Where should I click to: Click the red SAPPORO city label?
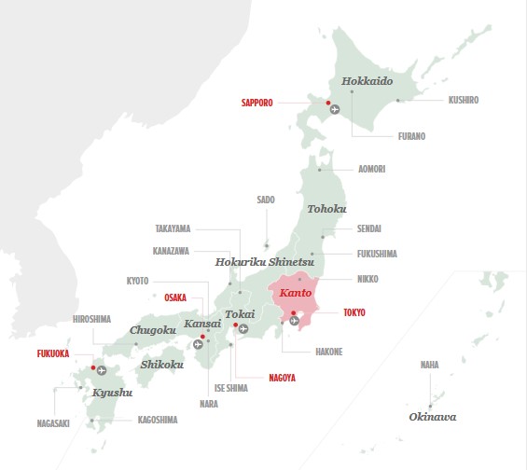257,103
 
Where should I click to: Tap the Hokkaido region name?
367,81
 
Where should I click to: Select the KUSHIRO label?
464,100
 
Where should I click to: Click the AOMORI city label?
372,170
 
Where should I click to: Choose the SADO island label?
266,200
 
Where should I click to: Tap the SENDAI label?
369,228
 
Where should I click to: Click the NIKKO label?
368,279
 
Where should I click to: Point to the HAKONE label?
329,352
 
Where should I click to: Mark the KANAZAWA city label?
172,251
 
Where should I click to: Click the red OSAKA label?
175,297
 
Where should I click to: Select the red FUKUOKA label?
54,354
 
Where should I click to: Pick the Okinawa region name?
433,417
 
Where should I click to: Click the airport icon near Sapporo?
336,111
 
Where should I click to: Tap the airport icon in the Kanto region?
295,321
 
